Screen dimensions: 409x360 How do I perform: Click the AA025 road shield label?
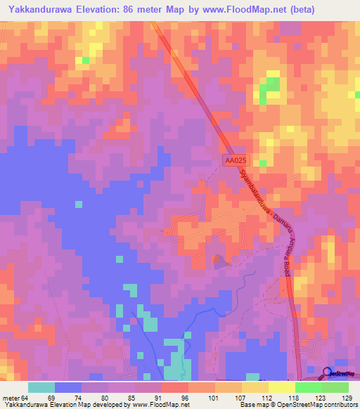[x=236, y=161]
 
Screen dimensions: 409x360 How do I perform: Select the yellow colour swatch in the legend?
[x=281, y=388]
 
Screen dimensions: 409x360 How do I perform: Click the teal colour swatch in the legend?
[x=41, y=388]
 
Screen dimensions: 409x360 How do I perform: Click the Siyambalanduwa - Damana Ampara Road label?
[x=268, y=221]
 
